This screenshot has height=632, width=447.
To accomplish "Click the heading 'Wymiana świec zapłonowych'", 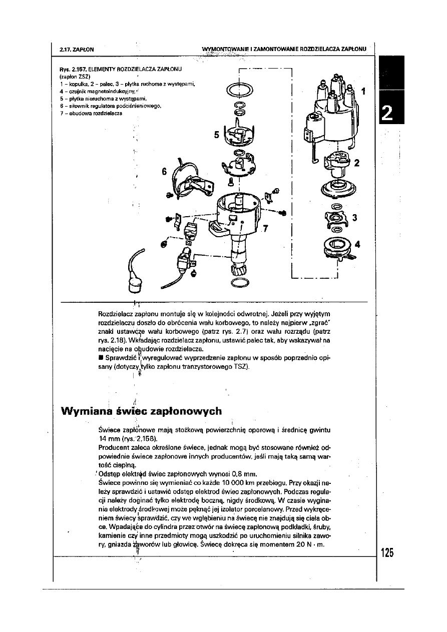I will pos(141,411).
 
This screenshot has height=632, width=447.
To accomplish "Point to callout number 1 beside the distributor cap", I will pos(363,92).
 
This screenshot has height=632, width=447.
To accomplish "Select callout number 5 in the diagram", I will pos(217,135).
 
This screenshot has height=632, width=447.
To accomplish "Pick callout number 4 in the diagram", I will pos(357,244).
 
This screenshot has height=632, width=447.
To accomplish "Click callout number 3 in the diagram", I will pos(354,218).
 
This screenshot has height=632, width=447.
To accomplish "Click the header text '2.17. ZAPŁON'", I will pos(77,49).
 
